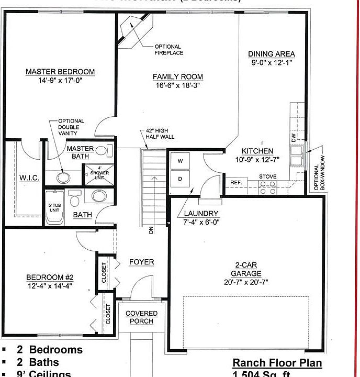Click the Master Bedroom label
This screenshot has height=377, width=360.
(60, 72)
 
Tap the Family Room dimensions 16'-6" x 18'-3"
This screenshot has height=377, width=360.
(177, 85)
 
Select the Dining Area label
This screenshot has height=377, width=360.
(271, 54)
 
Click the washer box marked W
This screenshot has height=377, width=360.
(181, 161)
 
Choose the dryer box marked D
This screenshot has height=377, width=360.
(181, 179)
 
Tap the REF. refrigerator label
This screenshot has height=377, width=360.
(235, 183)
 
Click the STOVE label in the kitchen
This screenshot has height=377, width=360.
(268, 177)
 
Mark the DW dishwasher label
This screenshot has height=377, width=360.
(293, 137)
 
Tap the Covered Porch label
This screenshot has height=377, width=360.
(141, 317)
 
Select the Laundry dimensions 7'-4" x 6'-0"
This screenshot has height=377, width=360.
(201, 222)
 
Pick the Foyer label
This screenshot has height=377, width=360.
(141, 262)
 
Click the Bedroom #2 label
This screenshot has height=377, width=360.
(50, 278)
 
